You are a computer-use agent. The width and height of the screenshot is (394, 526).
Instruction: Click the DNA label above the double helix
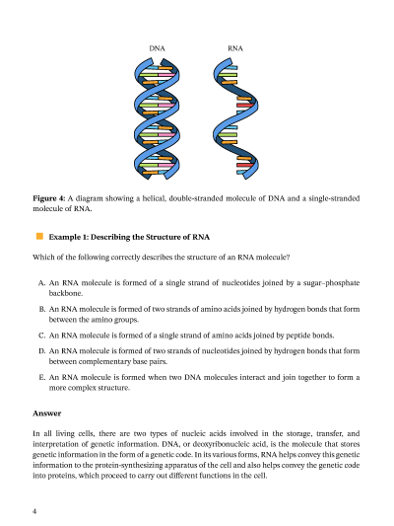coord(157,48)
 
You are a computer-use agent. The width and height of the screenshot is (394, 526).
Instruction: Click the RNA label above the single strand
coord(235,48)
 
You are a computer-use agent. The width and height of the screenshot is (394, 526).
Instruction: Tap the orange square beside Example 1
coord(39,237)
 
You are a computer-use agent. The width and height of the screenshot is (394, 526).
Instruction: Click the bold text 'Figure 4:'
coord(49,198)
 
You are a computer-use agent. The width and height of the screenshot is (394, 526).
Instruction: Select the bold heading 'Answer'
coord(47,413)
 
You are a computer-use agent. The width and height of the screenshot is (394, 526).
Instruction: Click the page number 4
coord(34,511)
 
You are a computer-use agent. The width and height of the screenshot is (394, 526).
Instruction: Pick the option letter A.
coord(41,283)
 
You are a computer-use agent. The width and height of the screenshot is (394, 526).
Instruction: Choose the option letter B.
coord(41,309)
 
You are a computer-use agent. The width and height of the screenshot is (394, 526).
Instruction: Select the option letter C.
coord(41,336)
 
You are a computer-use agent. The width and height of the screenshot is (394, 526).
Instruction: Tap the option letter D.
coord(41,351)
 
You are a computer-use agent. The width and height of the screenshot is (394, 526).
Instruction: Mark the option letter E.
coord(41,377)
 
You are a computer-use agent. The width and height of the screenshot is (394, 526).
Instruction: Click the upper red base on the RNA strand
coord(244,105)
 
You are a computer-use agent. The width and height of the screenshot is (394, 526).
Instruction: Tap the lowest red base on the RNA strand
coord(244,165)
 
